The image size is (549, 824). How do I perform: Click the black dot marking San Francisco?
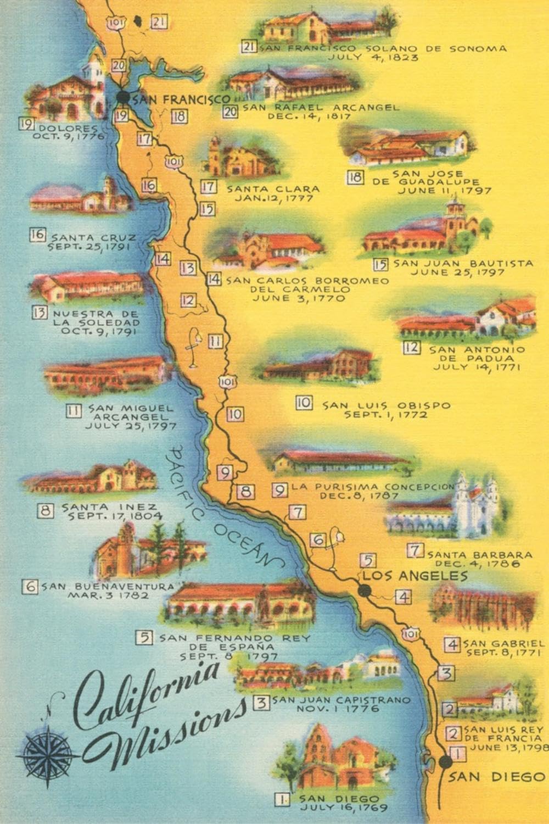(x=124, y=97)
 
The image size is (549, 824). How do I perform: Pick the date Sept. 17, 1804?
(x=115, y=516)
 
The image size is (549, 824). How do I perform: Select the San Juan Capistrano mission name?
(x=341, y=700)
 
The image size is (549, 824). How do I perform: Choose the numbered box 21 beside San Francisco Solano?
(x=249, y=47)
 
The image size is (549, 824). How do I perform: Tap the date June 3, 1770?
(x=299, y=298)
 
